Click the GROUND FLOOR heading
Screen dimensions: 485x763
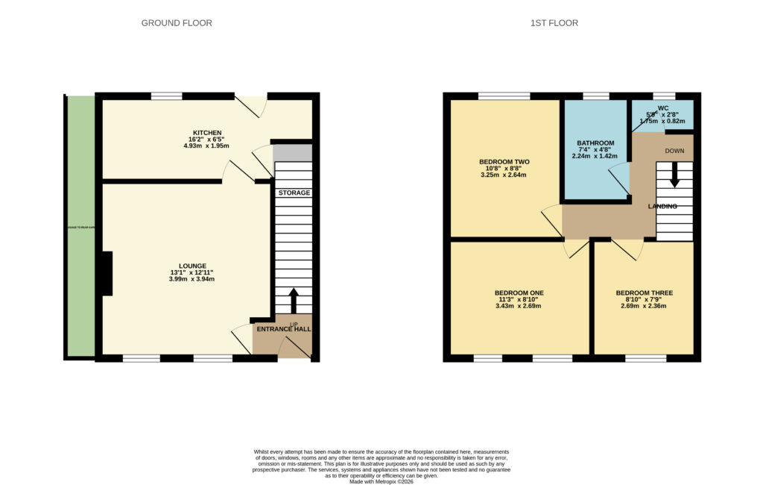coord(177,23)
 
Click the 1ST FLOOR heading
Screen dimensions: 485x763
coord(554,23)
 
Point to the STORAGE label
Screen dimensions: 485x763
coord(294,193)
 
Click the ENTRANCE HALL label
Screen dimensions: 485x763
coord(284,329)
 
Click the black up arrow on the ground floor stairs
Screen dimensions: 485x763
coord(293,300)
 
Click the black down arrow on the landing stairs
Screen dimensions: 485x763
coord(674,177)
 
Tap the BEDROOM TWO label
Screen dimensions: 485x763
coord(502,161)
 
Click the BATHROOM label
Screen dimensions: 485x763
coord(595,143)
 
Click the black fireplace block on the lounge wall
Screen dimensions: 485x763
coord(106,273)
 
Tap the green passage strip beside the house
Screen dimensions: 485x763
coord(80,228)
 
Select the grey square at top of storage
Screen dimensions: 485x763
coord(291,153)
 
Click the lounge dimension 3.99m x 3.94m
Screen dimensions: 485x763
coord(191,280)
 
